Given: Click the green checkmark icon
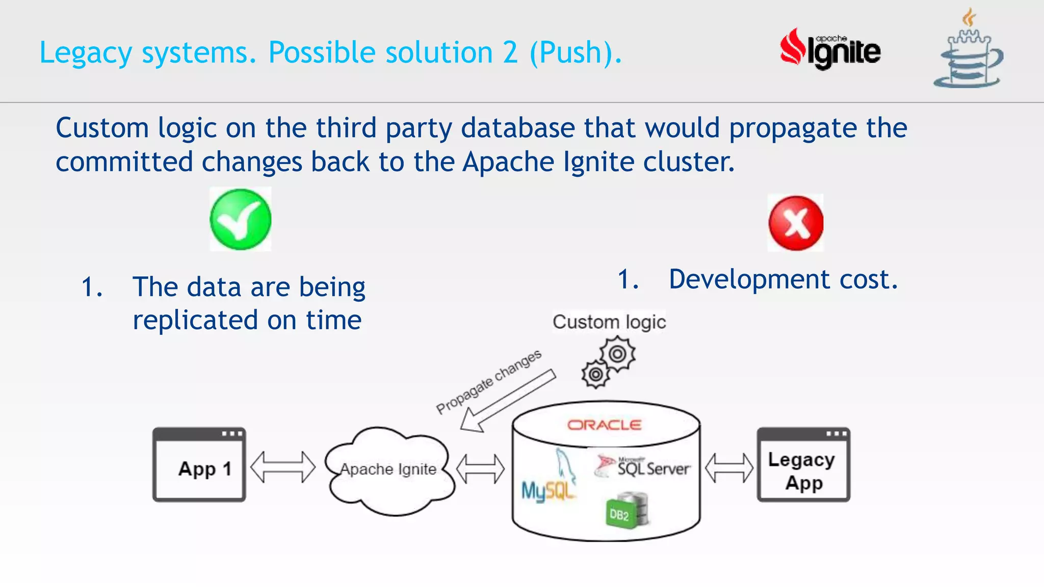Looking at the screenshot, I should pos(240,220).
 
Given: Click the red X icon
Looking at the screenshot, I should pos(796,223).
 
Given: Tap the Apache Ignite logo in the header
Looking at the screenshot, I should pos(830,50).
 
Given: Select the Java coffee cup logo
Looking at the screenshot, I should pos(968,51).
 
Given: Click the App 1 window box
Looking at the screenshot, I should pos(199,465).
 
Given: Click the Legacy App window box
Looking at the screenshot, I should pos(803,465).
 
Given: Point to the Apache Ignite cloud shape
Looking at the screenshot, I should pos(389,470).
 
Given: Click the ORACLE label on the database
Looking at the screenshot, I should pos(604,425).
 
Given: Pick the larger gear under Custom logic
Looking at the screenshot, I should pos(617,354).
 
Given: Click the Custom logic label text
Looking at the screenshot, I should pos(609,322).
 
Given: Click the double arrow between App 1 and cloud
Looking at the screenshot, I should pos(283,467).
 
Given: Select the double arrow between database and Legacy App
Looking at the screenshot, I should pos(729,468).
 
